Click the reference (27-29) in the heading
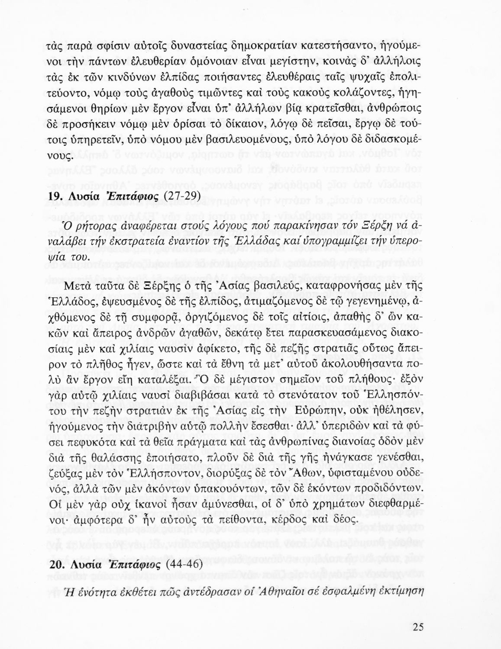point(182,196)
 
